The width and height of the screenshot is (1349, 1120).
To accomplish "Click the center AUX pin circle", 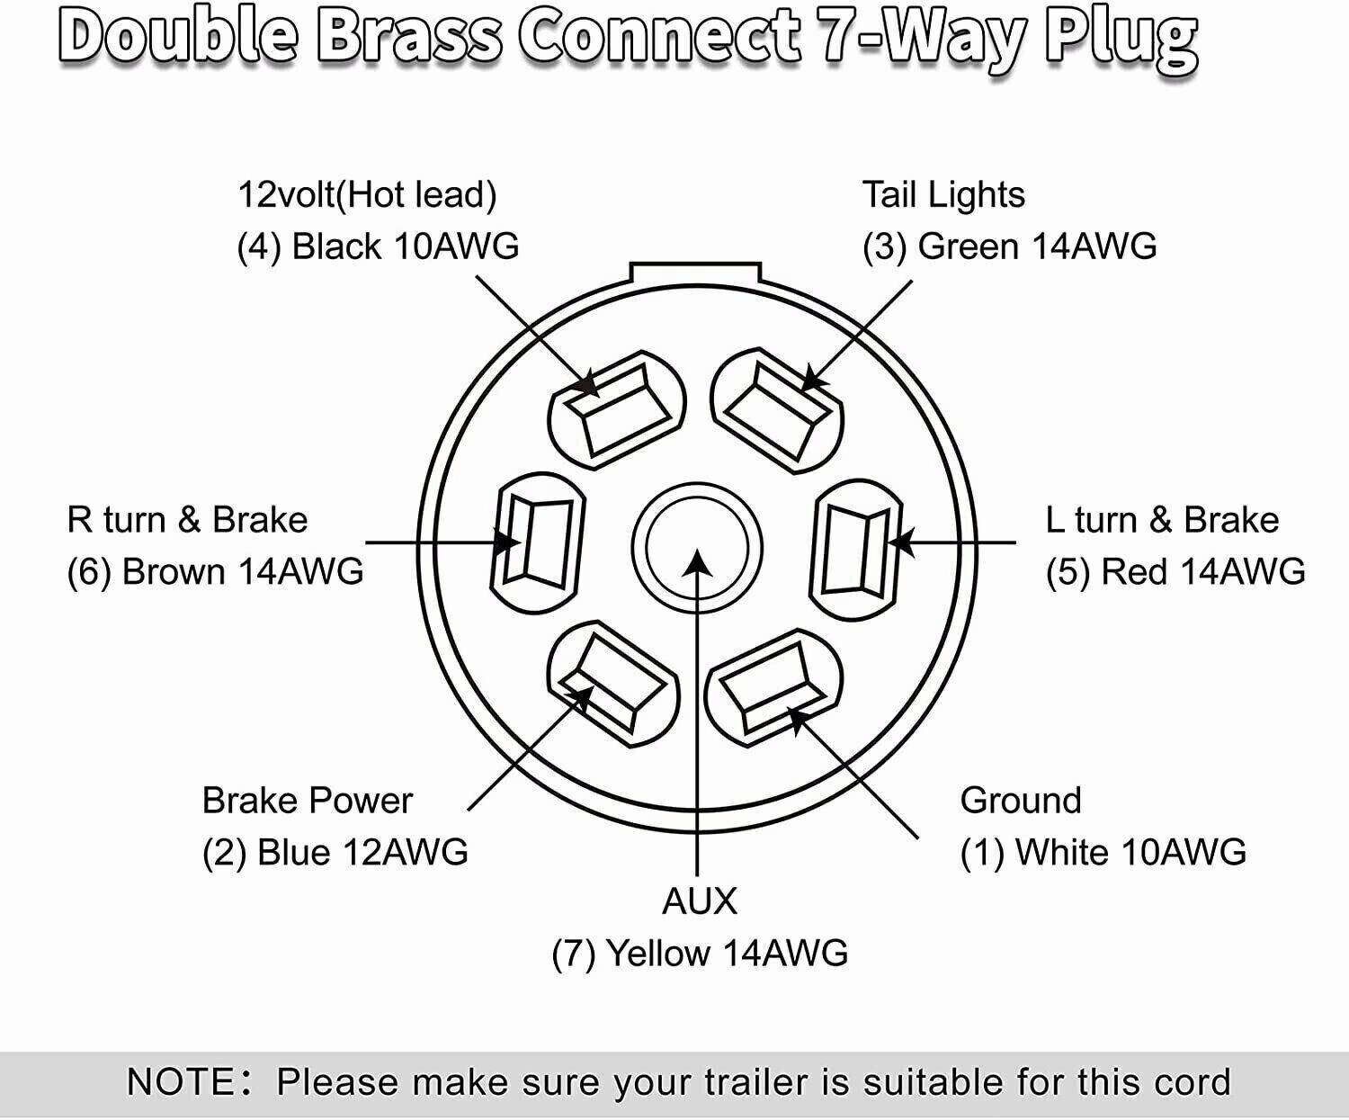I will [x=697, y=547].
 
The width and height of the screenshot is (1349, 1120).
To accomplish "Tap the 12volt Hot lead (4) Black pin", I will [x=617, y=408].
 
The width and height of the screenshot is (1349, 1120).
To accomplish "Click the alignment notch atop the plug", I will [x=696, y=272].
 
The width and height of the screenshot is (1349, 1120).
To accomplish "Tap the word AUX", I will [x=699, y=900].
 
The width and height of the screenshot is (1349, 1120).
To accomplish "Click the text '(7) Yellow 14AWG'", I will [x=700, y=953].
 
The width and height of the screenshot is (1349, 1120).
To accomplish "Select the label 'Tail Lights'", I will [x=943, y=195].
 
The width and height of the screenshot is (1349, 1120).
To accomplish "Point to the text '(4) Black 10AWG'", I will [x=378, y=246].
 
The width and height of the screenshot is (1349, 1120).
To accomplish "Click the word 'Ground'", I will [x=1021, y=800].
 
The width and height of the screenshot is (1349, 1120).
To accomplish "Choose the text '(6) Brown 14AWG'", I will [x=215, y=572].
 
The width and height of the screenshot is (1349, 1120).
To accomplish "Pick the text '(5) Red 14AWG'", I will [x=1175, y=572].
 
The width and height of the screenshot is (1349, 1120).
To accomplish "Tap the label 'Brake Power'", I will [x=307, y=800].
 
